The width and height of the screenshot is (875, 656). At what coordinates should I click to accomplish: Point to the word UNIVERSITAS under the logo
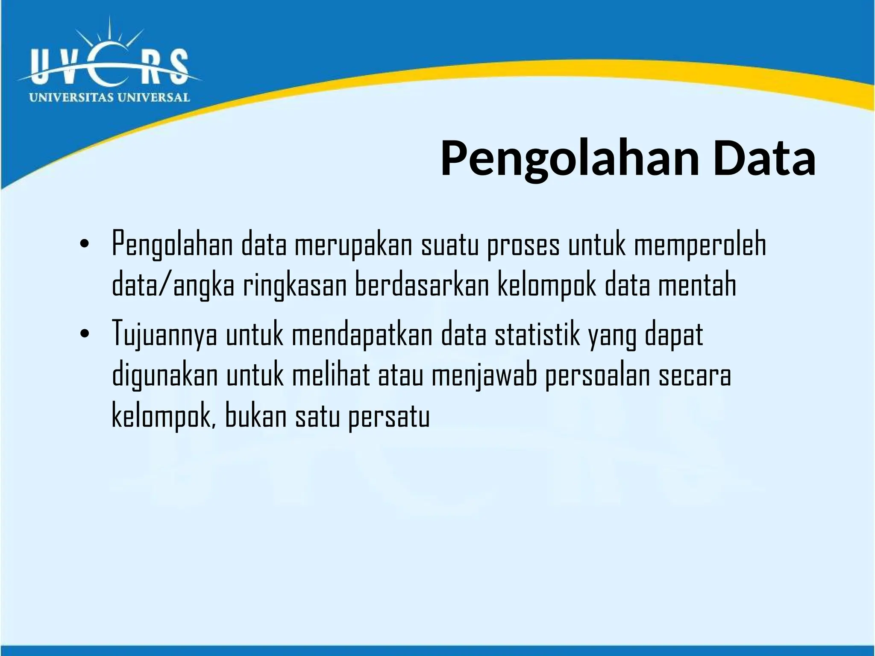coord(71,97)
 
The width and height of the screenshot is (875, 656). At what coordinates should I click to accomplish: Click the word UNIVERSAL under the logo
coord(153,97)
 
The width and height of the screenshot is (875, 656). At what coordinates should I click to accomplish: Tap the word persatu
coord(389,416)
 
